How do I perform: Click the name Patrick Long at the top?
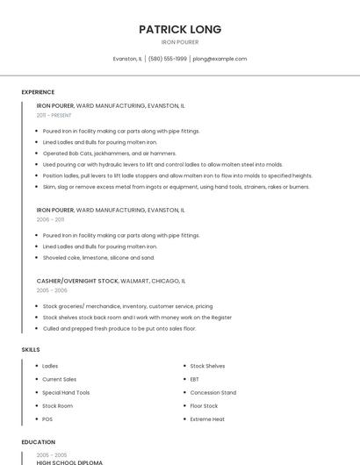[180, 29]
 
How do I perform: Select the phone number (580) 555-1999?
[167, 59]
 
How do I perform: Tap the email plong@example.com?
[220, 59]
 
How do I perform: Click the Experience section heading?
[38, 92]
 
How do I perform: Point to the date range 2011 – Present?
[54, 115]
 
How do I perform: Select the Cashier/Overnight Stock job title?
[77, 281]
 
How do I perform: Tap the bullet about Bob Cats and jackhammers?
[109, 153]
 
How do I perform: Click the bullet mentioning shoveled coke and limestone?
[98, 258]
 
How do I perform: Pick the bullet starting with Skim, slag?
[176, 186]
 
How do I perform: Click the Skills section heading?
[31, 350]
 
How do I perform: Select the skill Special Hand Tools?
[66, 392]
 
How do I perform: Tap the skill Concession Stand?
[212, 392]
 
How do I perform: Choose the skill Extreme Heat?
[207, 419]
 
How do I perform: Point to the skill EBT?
[194, 379]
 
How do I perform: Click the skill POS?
[47, 419]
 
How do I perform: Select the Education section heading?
[38, 442]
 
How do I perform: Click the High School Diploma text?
[69, 462]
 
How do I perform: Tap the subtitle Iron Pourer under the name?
[180, 42]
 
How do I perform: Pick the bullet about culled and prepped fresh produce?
[119, 328]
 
